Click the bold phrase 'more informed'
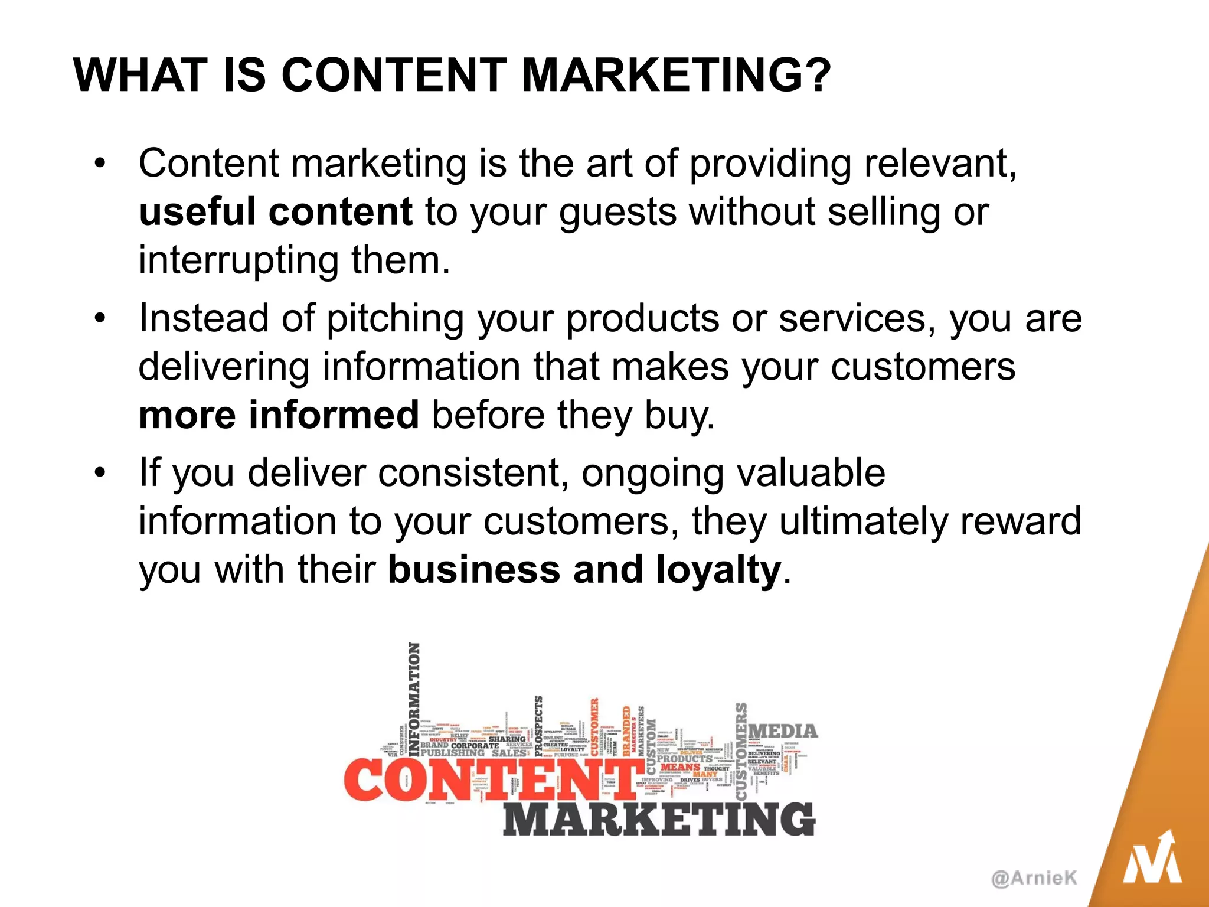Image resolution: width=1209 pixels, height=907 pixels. pyautogui.click(x=279, y=415)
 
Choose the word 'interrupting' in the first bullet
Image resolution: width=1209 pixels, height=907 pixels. pyautogui.click(x=238, y=261)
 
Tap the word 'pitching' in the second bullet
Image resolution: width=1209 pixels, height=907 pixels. pyautogui.click(x=395, y=319)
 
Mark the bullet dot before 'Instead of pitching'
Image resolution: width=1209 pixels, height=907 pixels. pyautogui.click(x=100, y=318)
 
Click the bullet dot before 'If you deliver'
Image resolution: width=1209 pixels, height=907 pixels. pyautogui.click(x=100, y=473)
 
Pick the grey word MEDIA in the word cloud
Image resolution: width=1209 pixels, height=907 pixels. pyautogui.click(x=783, y=732)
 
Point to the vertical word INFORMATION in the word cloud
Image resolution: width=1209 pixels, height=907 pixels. pyautogui.click(x=414, y=699)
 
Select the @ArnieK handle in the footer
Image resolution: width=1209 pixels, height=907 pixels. pyautogui.click(x=1034, y=878)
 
